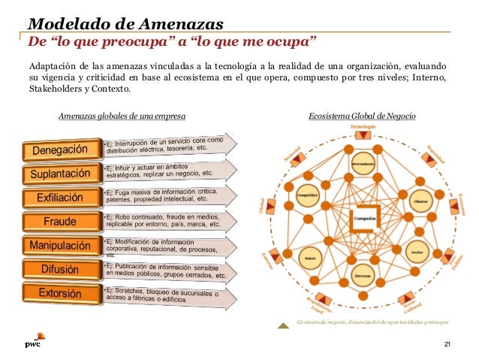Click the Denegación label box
point(65,151)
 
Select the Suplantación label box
point(65,174)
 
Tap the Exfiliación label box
point(65,198)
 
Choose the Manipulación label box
point(65,245)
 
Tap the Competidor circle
point(309,195)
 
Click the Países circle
point(309,258)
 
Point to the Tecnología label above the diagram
point(363,127)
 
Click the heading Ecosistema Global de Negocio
point(362,116)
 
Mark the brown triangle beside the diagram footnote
point(283,325)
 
